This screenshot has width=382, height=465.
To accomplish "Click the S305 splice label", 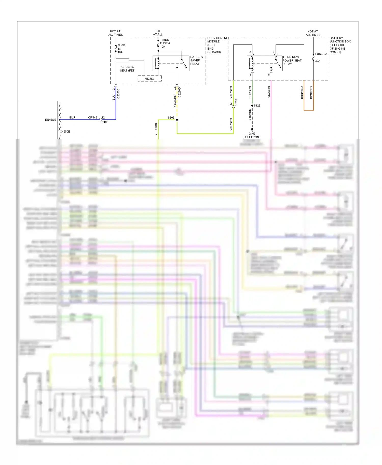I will (x=171, y=118).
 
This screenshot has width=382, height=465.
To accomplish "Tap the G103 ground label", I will (x=252, y=134).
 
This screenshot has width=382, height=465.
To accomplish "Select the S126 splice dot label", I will (x=257, y=106).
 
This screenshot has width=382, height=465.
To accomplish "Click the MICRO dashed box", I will (x=149, y=79).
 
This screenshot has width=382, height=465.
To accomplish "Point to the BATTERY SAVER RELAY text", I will (x=197, y=61).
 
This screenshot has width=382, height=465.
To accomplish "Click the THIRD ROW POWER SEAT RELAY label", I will (x=292, y=61).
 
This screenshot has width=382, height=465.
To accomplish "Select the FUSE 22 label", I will (x=321, y=54).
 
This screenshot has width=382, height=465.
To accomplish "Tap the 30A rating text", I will (x=318, y=61).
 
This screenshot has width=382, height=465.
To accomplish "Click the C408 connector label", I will (x=105, y=122).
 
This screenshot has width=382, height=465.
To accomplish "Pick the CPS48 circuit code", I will (x=92, y=118).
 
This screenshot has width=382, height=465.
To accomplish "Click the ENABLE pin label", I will (x=50, y=120).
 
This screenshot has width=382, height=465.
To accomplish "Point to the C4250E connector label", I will (x=65, y=132).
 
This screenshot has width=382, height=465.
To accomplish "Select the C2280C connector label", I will (x=118, y=93).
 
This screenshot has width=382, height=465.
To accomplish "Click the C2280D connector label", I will (x=179, y=92).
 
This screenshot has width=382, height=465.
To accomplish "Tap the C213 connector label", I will (x=236, y=102).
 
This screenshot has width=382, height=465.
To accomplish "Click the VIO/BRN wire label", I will (x=269, y=92).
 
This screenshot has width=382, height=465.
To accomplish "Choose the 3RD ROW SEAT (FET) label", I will (x=127, y=69).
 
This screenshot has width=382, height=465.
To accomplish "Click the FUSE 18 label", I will (x=121, y=47).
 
